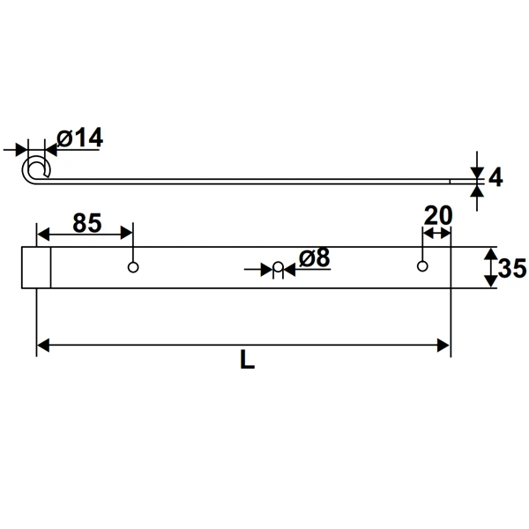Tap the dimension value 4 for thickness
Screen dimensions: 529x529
click(495, 177)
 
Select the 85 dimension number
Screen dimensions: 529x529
click(86, 223)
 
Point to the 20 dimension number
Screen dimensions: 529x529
click(437, 215)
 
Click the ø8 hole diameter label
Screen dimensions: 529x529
click(314, 257)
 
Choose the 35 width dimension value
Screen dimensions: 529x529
click(511, 269)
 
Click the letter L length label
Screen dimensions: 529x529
click(247, 361)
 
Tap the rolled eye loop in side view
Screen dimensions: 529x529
click(37, 168)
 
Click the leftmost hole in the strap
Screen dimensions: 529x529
click(133, 267)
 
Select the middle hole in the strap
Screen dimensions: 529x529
click(277, 267)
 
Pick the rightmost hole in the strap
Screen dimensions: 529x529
click(422, 266)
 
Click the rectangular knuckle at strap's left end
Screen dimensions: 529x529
click(36, 267)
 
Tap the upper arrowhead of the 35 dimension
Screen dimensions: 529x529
click(489, 254)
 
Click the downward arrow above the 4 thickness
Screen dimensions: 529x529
click(476, 170)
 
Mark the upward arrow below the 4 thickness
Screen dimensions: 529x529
click(476, 190)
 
